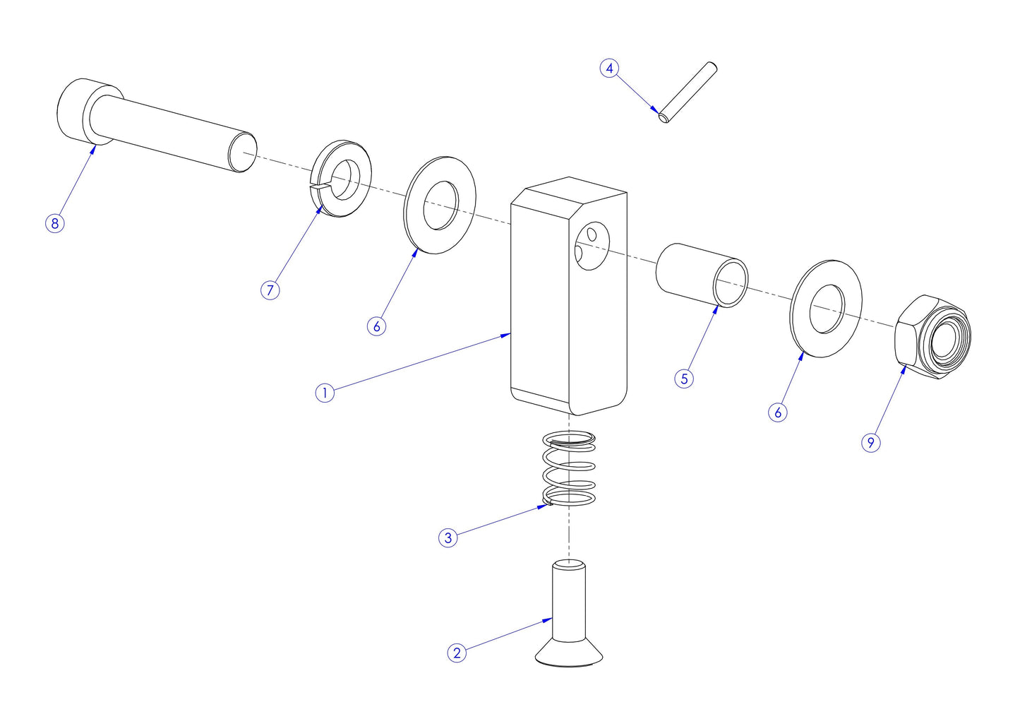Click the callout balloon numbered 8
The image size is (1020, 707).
point(54,223)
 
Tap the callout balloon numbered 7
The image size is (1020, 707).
point(270,290)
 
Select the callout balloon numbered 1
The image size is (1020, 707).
point(324,393)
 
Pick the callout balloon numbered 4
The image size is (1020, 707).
point(609,69)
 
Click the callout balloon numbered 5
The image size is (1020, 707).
point(683,379)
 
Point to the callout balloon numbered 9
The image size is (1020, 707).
point(871,442)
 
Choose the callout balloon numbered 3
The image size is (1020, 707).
point(448,537)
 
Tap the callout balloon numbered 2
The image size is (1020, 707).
point(457,653)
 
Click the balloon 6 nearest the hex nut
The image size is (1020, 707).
point(778,412)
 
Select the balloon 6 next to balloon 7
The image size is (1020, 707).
point(377,326)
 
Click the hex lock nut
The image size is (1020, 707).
point(932,338)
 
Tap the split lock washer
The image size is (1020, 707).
point(342,179)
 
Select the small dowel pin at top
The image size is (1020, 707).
point(688,93)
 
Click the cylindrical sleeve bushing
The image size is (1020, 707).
point(701,275)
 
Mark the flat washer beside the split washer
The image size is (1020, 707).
point(440,206)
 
